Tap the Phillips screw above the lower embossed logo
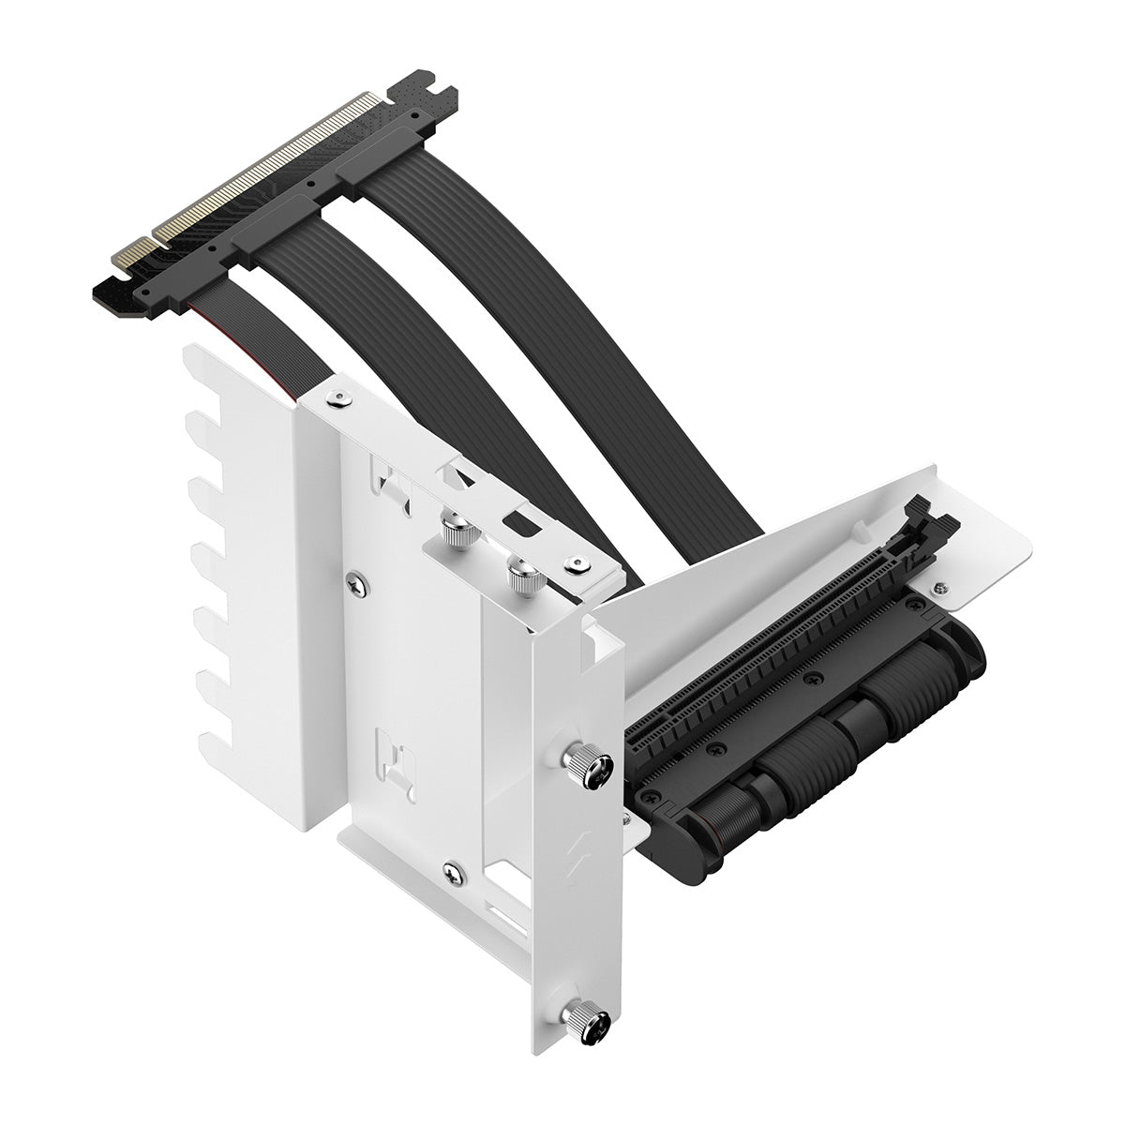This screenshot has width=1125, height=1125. tap(354, 582)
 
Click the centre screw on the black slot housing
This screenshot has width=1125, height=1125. tap(808, 678)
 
